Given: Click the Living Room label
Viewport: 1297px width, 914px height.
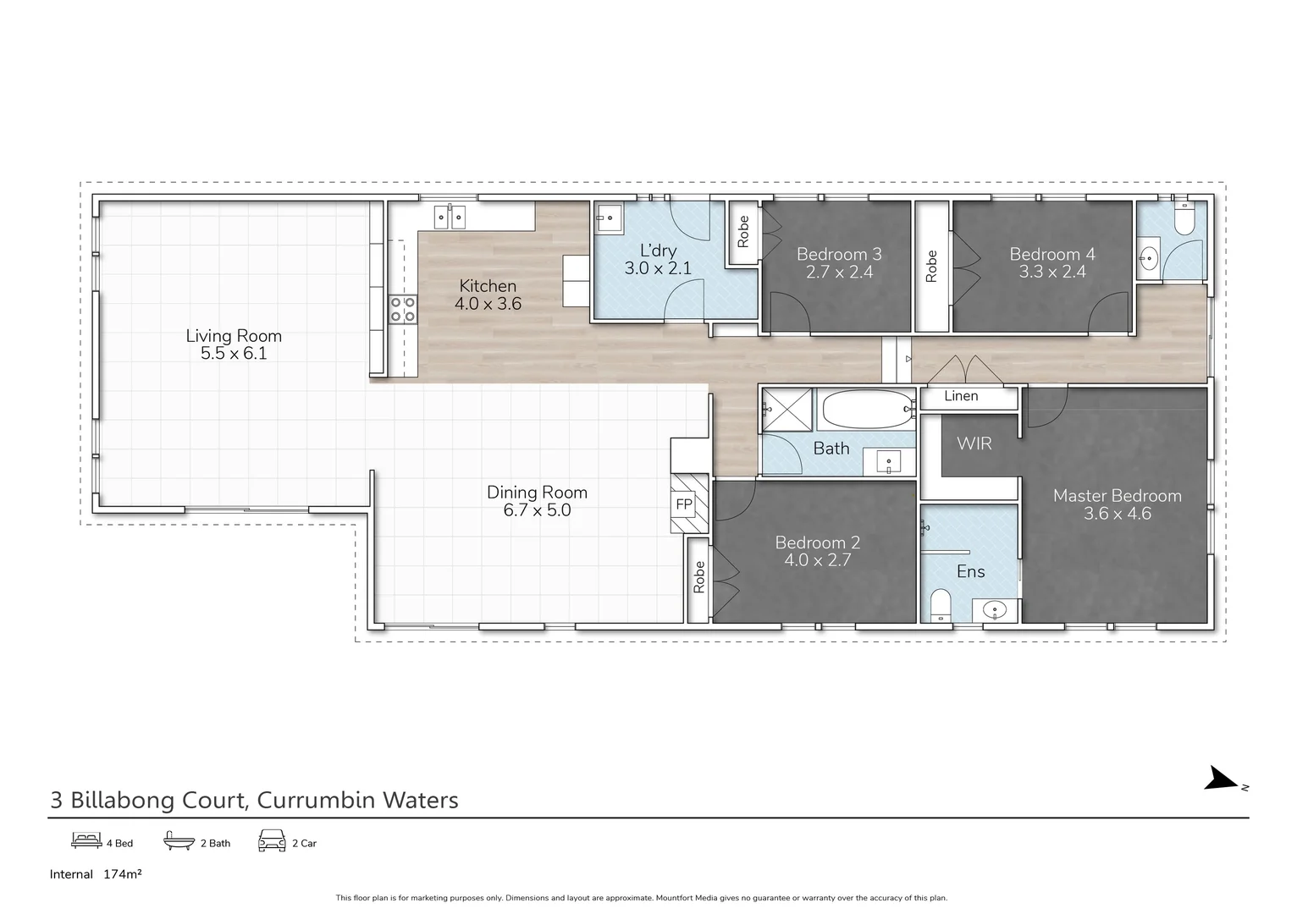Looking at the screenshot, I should (234, 336).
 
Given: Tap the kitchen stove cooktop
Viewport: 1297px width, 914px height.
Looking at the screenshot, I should (403, 310).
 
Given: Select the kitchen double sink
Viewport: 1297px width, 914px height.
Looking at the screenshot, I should (450, 217).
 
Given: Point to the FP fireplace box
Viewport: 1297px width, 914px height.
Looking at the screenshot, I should (683, 505).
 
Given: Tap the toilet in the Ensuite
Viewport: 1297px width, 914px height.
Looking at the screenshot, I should (941, 605).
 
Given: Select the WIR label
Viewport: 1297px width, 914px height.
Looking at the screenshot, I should (974, 443).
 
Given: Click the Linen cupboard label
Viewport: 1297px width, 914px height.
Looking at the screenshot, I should (961, 396).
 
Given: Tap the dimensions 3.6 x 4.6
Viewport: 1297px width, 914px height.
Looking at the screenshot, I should (1117, 514).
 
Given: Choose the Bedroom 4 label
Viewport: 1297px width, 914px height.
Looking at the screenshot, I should (1051, 254).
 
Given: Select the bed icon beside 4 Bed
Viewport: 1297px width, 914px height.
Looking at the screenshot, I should (86, 841).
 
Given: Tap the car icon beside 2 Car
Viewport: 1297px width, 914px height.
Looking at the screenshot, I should (272, 841).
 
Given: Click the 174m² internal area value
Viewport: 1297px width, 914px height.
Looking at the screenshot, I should (122, 874).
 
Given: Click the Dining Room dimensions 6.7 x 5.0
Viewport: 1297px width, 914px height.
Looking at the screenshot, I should (537, 510).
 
